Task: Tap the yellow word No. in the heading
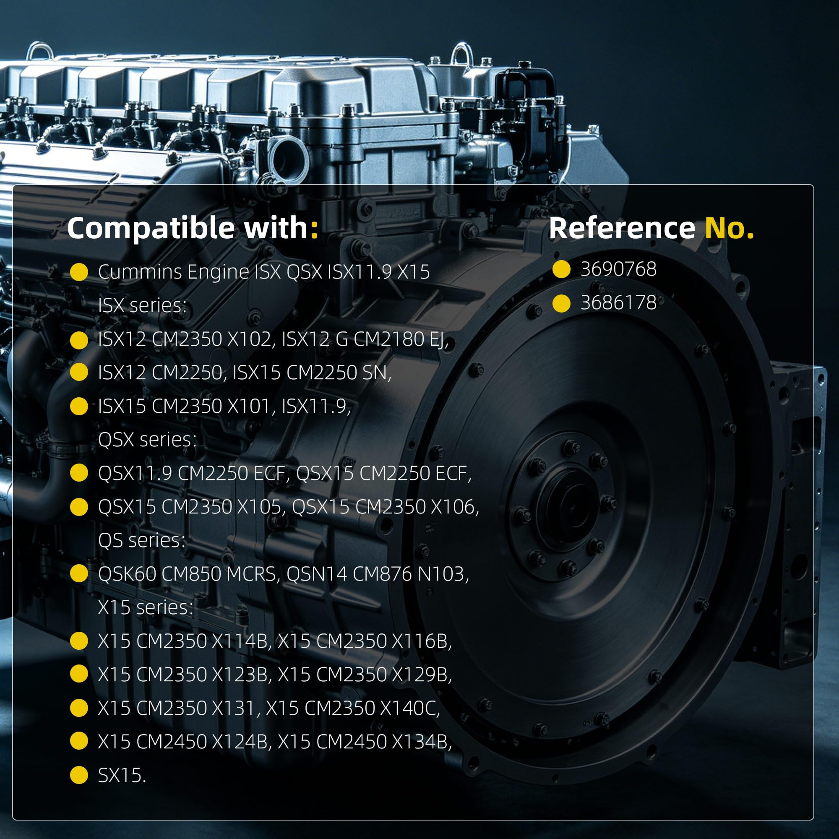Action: pyautogui.click(x=729, y=227)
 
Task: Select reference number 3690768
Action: pyautogui.click(x=618, y=269)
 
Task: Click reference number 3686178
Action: pyautogui.click(x=618, y=303)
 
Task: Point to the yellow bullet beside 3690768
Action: pyautogui.click(x=561, y=269)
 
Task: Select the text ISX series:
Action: pyautogui.click(x=143, y=305)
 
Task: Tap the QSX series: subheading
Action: pyautogui.click(x=147, y=440)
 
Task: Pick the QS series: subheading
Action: pyautogui.click(x=141, y=541)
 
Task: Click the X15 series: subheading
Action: pyautogui.click(x=146, y=607)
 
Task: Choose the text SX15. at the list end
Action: pyautogui.click(x=122, y=776)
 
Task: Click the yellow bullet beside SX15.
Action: pyautogui.click(x=79, y=776)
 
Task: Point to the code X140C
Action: pyautogui.click(x=410, y=708)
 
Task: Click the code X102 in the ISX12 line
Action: pyautogui.click(x=251, y=339)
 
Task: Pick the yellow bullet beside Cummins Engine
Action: pyautogui.click(x=79, y=272)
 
